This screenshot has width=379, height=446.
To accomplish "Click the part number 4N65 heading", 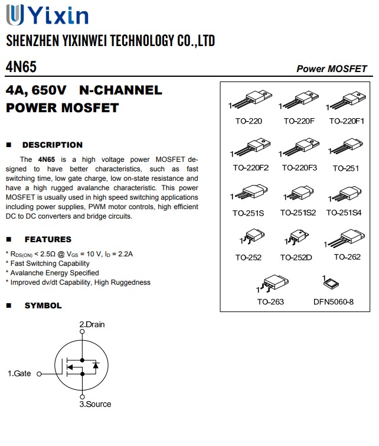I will pos(21,67).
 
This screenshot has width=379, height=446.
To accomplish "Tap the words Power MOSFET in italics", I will pos(331,69).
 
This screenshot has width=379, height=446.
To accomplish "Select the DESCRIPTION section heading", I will pos(52,145).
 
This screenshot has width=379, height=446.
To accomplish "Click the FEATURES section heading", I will pos(47,239).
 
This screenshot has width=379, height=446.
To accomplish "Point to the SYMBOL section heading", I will pos(43,305).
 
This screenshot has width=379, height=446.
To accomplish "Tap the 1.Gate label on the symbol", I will pos(19,373).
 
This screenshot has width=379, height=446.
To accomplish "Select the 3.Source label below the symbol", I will pos(95,404).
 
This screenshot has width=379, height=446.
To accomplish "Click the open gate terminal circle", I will pos(39,374).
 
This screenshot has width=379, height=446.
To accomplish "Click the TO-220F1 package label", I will pos(347,121).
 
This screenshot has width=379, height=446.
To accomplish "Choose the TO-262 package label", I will pos(347,257).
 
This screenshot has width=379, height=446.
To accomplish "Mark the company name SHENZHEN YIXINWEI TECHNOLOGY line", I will pos(110,41).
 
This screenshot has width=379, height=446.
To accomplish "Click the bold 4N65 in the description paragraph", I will pos(47,159).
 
